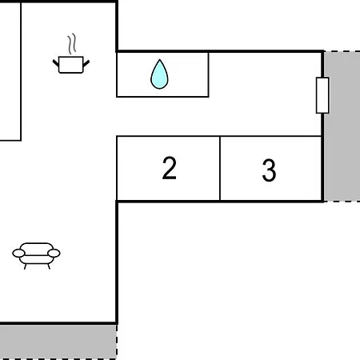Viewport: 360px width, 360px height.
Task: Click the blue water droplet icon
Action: pyautogui.click(x=159, y=75)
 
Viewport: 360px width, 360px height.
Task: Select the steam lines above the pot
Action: pyautogui.click(x=71, y=44)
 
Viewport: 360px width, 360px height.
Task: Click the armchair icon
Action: pyautogui.click(x=36, y=255)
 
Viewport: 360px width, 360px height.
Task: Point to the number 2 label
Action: pyautogui.click(x=170, y=168)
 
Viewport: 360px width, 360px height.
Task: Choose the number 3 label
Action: pyautogui.click(x=269, y=170)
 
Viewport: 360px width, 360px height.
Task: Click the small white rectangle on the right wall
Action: pyautogui.click(x=322, y=95)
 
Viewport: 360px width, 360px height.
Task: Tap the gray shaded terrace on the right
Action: pyautogui.click(x=342, y=126)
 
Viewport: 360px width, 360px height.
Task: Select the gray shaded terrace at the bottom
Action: pyautogui.click(x=58, y=342)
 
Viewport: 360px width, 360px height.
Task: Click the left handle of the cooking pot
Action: pyautogui.click(x=56, y=63)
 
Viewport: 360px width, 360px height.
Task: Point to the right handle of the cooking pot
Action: pyautogui.click(x=86, y=63)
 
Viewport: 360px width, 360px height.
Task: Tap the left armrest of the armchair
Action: pyautogui.click(x=18, y=253)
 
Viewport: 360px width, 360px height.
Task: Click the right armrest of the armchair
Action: pyautogui.click(x=54, y=253)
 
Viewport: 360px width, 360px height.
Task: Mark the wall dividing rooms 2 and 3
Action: pyautogui.click(x=220, y=169)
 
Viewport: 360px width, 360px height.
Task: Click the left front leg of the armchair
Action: pyautogui.click(x=26, y=266)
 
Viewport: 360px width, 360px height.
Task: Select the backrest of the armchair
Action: pyautogui.click(x=36, y=246)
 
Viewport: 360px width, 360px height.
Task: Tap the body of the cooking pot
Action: pyautogui.click(x=71, y=65)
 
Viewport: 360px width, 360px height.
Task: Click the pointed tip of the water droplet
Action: pyautogui.click(x=159, y=59)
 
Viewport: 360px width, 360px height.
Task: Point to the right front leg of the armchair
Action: pyautogui.click(x=49, y=266)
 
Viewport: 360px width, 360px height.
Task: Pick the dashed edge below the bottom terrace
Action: pyautogui.click(x=58, y=359)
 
